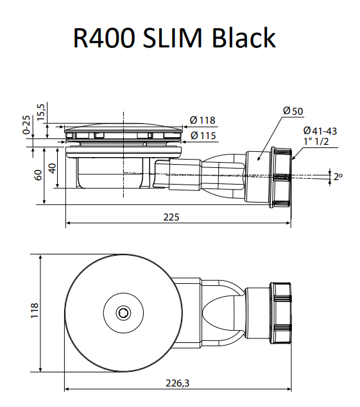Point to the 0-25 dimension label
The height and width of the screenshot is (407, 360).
(26, 125)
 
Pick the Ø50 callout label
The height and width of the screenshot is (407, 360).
(293, 111)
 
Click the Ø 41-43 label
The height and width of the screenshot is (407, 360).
(320, 131)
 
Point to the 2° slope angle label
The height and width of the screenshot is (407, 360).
(338, 176)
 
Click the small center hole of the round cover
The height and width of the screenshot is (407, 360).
(122, 312)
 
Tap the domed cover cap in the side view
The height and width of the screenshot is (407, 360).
(122, 126)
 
